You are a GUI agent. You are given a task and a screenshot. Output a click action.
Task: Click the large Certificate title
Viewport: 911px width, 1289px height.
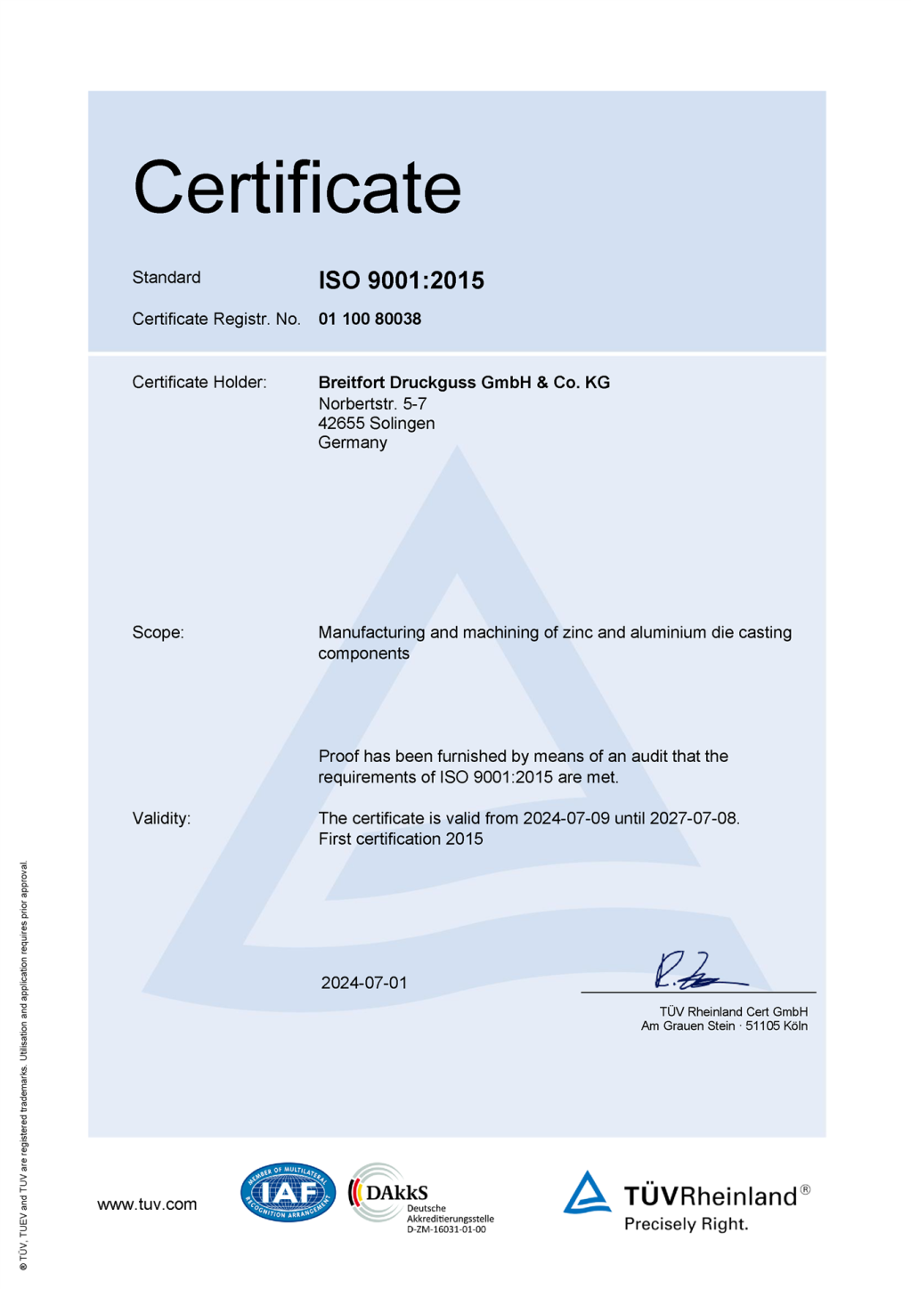tap(297, 188)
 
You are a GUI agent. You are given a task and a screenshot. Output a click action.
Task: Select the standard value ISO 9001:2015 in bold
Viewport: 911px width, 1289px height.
tap(401, 280)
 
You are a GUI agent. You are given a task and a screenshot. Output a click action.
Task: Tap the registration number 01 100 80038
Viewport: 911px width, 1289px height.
tap(370, 319)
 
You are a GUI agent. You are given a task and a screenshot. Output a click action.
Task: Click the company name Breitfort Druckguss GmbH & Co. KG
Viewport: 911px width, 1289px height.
tap(464, 383)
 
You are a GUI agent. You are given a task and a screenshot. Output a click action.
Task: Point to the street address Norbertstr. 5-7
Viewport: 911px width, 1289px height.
tap(372, 403)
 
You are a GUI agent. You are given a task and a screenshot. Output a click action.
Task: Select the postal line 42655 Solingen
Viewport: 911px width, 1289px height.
tap(377, 423)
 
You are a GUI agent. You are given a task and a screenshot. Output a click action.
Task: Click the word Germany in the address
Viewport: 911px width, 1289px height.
tap(353, 442)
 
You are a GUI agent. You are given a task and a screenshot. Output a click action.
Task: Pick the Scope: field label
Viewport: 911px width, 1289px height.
tap(158, 633)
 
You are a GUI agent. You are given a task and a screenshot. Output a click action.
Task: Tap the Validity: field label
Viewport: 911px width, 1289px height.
tap(161, 818)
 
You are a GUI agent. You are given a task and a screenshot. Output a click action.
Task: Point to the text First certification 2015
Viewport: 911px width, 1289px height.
tap(401, 839)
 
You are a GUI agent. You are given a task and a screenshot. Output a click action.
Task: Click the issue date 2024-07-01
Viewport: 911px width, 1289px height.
tap(364, 983)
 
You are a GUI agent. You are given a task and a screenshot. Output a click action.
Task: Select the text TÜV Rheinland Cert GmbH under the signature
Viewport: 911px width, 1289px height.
tap(733, 1011)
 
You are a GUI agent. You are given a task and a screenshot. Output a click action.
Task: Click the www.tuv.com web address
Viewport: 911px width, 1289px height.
tap(147, 1204)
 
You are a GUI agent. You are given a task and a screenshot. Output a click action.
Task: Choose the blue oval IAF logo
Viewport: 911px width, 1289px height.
tap(288, 1192)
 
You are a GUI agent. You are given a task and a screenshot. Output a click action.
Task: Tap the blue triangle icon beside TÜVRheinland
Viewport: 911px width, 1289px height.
tap(587, 1193)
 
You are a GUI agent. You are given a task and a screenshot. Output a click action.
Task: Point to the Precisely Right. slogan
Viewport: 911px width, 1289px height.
tap(686, 1224)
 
